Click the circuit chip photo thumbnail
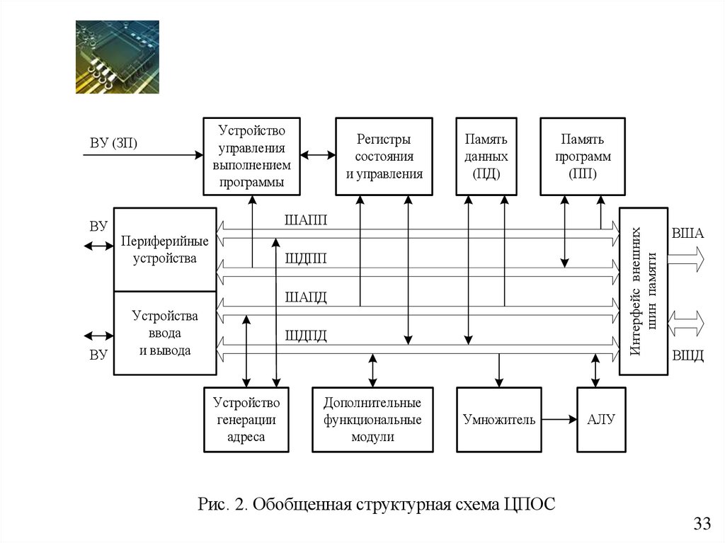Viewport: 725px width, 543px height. (118, 57)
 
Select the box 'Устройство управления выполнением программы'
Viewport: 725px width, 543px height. (251, 156)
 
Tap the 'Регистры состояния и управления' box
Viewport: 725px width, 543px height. (384, 156)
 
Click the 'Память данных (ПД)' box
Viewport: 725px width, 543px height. (486, 156)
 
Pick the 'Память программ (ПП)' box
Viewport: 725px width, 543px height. (583, 156)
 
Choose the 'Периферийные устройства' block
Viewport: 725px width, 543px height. (165, 249)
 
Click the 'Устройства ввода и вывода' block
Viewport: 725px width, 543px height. (165, 333)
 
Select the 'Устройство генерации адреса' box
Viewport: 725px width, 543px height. (246, 420)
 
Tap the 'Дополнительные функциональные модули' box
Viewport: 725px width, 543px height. (372, 420)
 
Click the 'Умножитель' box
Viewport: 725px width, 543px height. (499, 420)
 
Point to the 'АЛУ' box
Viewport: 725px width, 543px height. (602, 420)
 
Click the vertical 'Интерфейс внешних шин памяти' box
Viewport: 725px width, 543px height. (644, 292)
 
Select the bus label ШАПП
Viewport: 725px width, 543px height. (306, 219)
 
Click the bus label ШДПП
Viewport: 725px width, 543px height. (306, 258)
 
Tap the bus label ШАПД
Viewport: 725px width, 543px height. (306, 297)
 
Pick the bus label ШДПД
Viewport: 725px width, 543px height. (306, 336)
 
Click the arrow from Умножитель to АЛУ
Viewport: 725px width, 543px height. (559, 420)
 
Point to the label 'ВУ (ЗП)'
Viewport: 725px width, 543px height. (113, 143)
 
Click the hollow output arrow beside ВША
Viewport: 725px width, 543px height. (686, 259)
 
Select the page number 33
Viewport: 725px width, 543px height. (702, 524)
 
